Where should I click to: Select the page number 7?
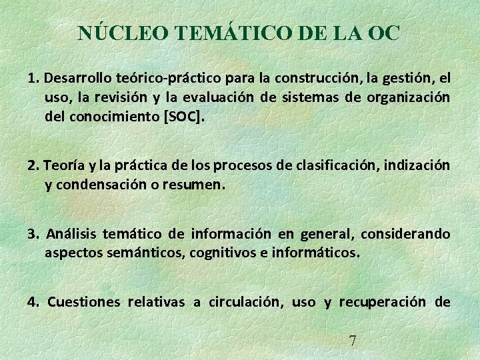click(353, 341)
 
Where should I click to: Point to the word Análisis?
click(71, 234)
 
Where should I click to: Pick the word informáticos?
click(315, 253)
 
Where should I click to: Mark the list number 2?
click(33, 165)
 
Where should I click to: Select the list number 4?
click(33, 302)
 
